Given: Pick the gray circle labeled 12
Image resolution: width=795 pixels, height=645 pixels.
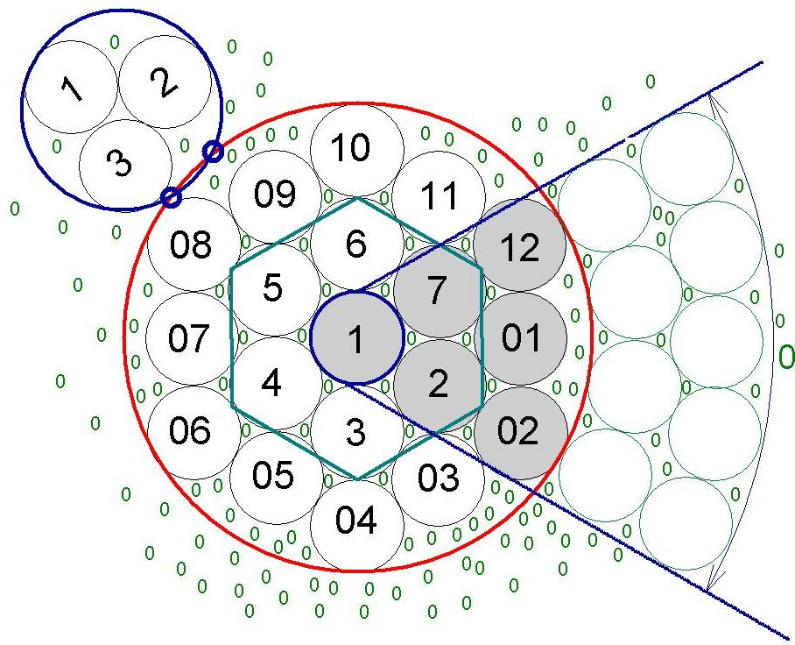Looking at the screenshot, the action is point(520,245).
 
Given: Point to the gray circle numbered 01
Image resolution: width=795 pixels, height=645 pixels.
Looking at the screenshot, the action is point(520,338).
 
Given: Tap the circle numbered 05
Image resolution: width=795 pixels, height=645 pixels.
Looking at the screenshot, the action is point(276,478).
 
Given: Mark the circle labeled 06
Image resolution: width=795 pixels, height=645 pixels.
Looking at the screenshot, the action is point(193,432).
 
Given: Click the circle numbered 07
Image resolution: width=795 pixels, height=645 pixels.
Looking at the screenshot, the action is point(192,338).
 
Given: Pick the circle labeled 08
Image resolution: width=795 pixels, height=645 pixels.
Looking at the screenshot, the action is point(193,245).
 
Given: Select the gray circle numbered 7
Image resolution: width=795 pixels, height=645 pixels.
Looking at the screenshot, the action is point(438,292).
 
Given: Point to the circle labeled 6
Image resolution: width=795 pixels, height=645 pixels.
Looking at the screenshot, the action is point(357,245).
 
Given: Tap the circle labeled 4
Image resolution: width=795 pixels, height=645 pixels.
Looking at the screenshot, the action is point(275,384).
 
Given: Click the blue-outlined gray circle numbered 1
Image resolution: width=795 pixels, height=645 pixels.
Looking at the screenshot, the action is point(357,338).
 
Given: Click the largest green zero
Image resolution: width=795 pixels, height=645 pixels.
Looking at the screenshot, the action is point(786,357).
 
